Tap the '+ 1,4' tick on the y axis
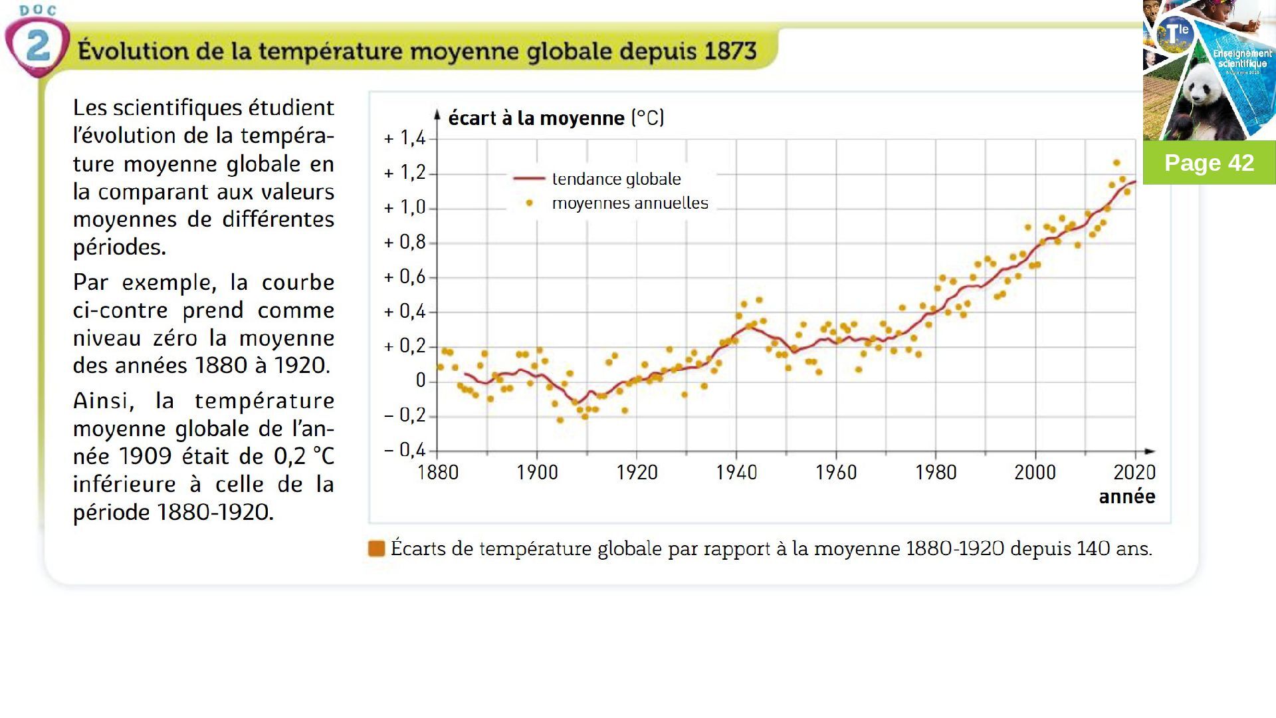405,138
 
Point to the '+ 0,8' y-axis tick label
405,242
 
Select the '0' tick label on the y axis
420,380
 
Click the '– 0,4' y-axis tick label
405,450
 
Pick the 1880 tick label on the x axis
437,473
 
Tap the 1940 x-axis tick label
736,473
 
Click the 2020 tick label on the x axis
1134,473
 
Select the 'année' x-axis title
1126,497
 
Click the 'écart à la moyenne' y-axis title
536,118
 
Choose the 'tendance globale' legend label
616,179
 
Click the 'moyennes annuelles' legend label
630,203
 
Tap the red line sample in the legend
529,179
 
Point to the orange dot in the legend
530,203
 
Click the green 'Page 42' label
1209,163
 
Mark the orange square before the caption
376,548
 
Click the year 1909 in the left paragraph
145,456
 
